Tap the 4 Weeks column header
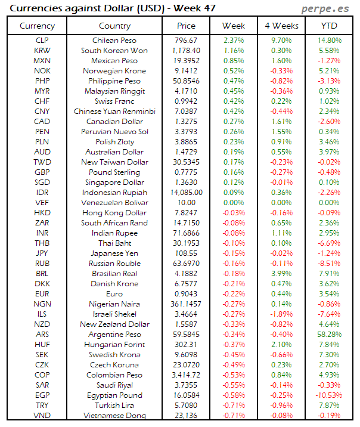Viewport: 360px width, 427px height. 281,26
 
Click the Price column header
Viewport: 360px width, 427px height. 186,26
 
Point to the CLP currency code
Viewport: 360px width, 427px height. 42,40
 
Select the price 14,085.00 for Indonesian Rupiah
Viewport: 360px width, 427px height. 186,193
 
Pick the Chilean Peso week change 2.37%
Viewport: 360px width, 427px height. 233,40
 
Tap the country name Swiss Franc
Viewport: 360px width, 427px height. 114,101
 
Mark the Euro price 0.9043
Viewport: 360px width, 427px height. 186,294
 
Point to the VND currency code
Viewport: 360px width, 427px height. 42,415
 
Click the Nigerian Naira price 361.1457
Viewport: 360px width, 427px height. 186,304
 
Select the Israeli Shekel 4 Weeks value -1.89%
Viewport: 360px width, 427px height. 281,314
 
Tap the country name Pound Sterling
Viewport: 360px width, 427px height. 114,172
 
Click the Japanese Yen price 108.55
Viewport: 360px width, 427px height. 186,253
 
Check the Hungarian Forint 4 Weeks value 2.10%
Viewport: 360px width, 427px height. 281,344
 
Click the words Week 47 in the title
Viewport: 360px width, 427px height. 194,8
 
